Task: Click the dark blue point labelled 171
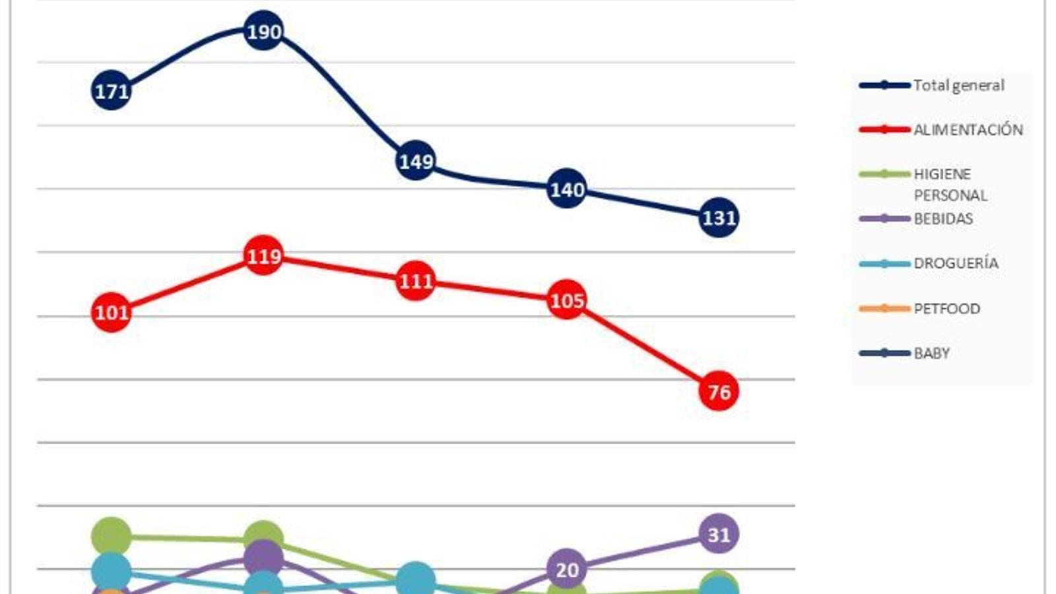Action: (x=111, y=90)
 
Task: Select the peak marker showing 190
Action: (x=263, y=30)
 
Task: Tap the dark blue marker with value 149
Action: (x=415, y=160)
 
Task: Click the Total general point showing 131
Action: (x=718, y=217)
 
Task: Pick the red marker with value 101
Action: (x=111, y=312)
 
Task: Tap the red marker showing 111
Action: (x=415, y=280)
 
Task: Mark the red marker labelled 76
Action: (x=718, y=391)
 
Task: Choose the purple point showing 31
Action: (x=718, y=533)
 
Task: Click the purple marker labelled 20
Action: (x=567, y=568)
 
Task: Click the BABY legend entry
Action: (x=931, y=353)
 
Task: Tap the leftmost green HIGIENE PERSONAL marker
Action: (x=111, y=536)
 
